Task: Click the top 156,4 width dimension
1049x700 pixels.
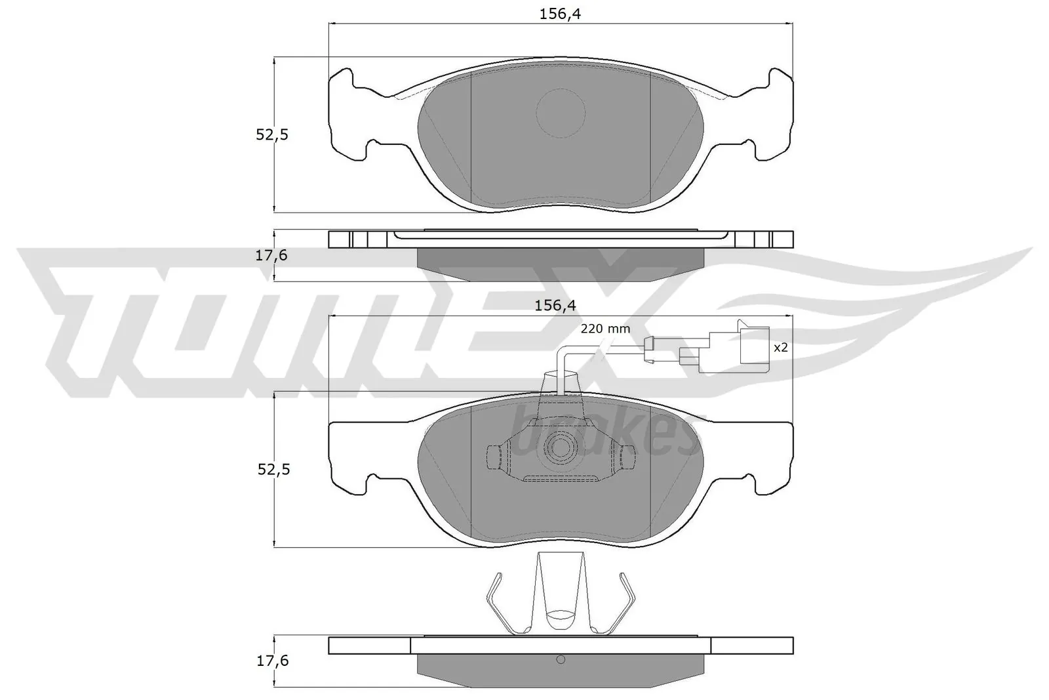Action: [561, 14]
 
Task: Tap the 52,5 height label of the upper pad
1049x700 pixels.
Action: [271, 135]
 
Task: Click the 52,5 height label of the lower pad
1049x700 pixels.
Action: [271, 470]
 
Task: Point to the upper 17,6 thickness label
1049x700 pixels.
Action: [271, 256]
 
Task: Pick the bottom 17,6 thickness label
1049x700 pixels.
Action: [271, 661]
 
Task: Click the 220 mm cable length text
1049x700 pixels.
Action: [605, 329]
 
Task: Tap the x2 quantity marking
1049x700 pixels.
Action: [780, 348]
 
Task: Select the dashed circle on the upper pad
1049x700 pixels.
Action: [561, 113]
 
